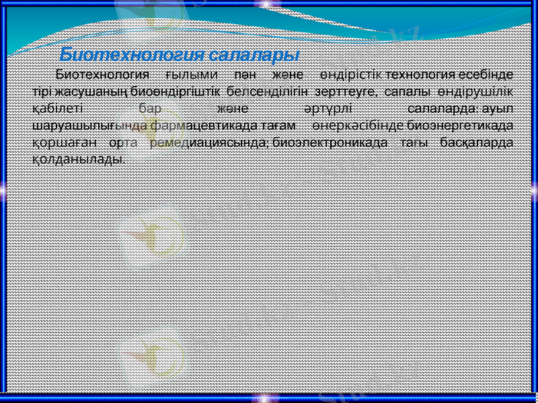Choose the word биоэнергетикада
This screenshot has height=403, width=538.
tap(457, 125)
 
